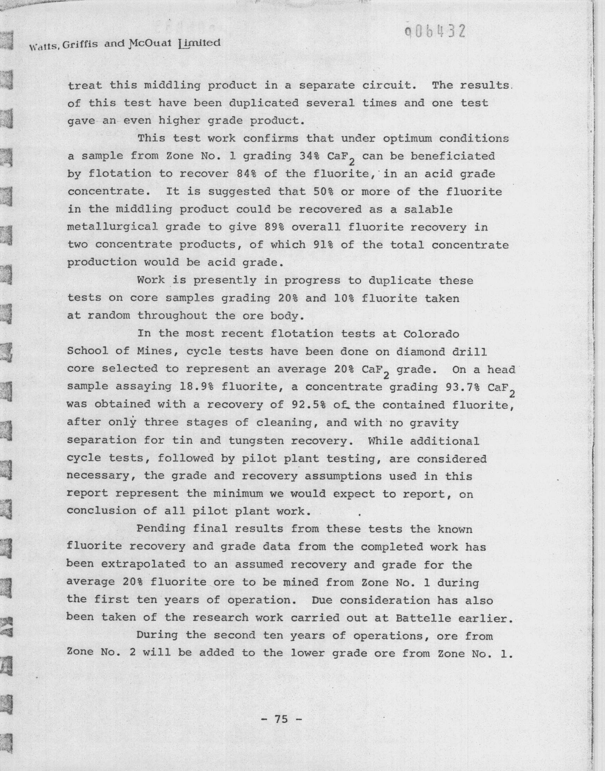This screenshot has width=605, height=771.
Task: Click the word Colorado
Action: point(431,334)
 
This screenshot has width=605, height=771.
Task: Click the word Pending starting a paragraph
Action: point(161,528)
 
